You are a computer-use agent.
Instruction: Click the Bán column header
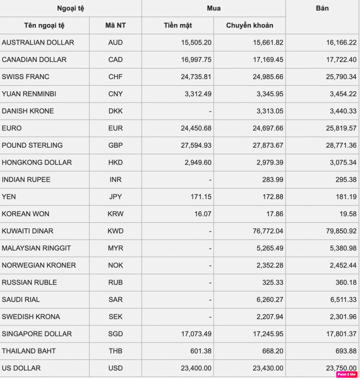(x=322, y=9)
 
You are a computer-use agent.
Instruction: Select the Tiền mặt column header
(x=177, y=26)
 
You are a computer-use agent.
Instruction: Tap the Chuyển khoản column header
(x=249, y=26)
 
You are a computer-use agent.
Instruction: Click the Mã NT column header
(x=115, y=26)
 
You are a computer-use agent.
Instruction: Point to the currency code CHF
(x=115, y=77)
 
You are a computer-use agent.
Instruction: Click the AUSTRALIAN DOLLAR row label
(x=38, y=43)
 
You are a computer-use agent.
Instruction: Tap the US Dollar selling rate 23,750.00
(x=339, y=368)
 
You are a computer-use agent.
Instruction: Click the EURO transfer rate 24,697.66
(x=267, y=128)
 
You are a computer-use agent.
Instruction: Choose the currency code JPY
(x=115, y=197)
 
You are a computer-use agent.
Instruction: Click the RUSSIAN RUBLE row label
(x=29, y=282)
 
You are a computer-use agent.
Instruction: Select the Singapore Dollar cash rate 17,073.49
(x=194, y=334)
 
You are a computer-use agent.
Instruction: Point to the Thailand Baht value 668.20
(x=272, y=351)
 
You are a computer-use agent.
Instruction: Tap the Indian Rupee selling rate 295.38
(x=345, y=180)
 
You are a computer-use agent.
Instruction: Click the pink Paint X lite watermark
(x=346, y=374)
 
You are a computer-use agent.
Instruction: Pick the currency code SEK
(x=115, y=317)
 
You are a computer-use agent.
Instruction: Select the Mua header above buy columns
(x=213, y=9)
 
